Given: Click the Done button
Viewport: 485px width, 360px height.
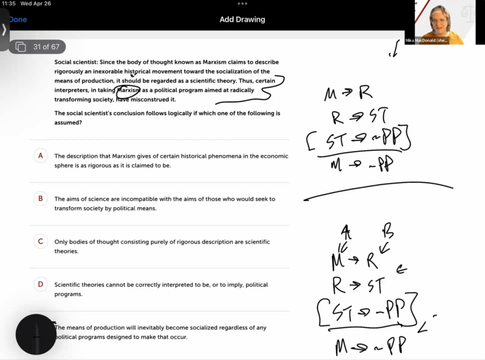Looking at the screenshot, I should click(18, 19).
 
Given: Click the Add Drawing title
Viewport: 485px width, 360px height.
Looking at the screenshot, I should click(242, 19).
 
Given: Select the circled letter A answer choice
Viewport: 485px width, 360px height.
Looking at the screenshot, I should click(41, 156).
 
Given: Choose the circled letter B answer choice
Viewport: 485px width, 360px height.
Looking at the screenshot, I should click(41, 198).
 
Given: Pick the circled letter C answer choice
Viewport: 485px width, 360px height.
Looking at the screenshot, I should click(41, 241).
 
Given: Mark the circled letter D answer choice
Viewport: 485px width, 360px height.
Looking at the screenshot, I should click(41, 284).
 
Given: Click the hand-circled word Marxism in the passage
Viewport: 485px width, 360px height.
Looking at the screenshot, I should click(129, 90).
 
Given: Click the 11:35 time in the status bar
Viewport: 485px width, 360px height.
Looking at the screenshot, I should click(10, 4).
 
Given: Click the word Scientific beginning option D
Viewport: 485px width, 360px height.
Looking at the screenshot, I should click(69, 285).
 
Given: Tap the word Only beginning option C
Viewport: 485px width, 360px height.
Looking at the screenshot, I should click(61, 242).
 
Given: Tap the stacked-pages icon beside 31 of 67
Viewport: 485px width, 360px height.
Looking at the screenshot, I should click(21, 47).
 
